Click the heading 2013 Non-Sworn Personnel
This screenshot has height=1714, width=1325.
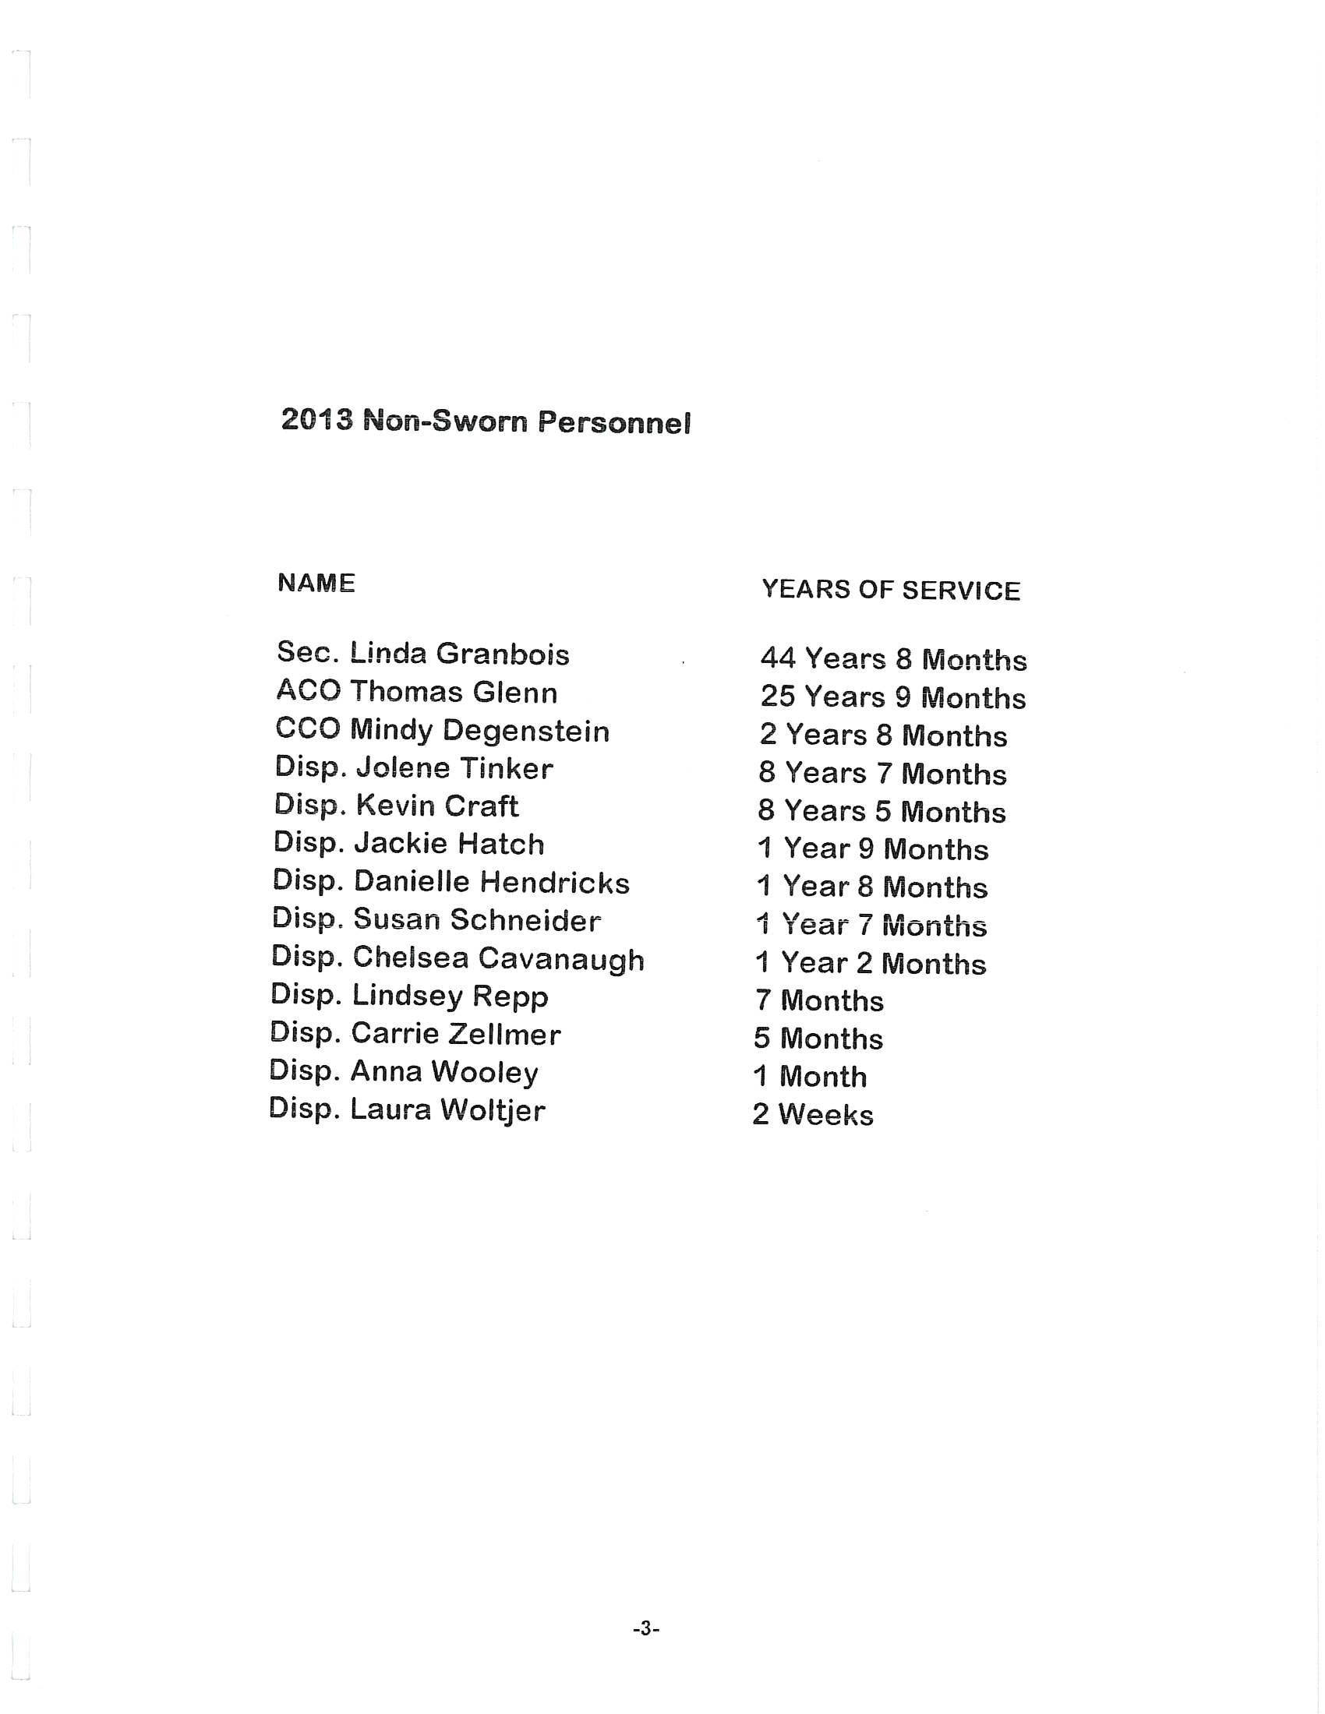[486, 421]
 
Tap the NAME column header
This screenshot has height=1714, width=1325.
[316, 583]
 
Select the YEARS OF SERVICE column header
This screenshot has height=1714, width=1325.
[891, 591]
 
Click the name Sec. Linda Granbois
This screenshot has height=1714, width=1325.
[423, 654]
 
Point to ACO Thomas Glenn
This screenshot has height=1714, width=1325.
[417, 692]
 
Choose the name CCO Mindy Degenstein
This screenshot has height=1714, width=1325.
[443, 731]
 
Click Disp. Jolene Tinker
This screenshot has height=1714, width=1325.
[414, 767]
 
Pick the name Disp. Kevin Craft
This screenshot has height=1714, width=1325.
[397, 806]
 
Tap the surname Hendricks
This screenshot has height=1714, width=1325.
[555, 883]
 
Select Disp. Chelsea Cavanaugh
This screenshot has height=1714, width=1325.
[458, 958]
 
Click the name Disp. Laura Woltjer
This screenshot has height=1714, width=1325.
[407, 1109]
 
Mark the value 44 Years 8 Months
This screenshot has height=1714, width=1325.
[893, 659]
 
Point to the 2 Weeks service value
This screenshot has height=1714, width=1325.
[813, 1114]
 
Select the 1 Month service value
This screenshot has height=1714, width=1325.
[810, 1077]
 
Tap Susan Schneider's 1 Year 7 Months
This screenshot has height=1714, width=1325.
[871, 926]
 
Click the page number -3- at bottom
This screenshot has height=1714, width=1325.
[646, 1629]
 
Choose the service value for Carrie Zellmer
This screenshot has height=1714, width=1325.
[818, 1039]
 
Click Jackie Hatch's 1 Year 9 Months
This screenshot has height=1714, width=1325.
[873, 849]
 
